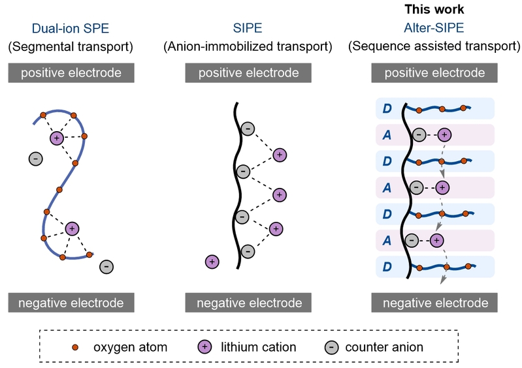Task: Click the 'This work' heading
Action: [x=434, y=9]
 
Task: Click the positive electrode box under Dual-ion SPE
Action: [x=71, y=72]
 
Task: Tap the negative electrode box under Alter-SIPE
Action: [x=434, y=303]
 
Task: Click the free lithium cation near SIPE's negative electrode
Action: [x=211, y=262]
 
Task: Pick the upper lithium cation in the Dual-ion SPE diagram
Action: [x=57, y=138]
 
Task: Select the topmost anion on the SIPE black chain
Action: [x=248, y=129]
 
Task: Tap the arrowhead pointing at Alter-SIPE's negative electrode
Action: [x=443, y=281]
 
